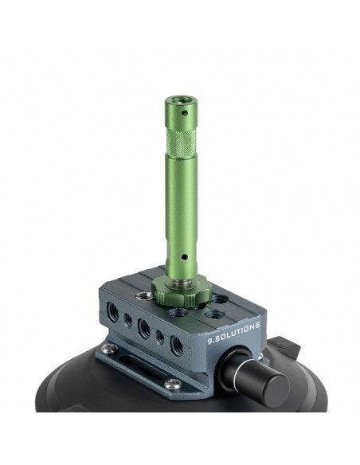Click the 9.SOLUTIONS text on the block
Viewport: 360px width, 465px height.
coord(233,333)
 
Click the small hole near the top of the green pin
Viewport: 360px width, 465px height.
coord(185,113)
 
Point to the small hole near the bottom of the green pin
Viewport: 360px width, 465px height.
coord(184,257)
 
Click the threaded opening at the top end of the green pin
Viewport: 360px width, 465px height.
coord(181,100)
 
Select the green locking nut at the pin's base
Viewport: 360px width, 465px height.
coord(182,291)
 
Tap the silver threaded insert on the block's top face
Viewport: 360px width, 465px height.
coord(144,295)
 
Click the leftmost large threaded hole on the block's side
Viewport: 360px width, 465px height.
coord(112,311)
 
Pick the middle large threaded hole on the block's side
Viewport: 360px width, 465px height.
coord(144,328)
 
